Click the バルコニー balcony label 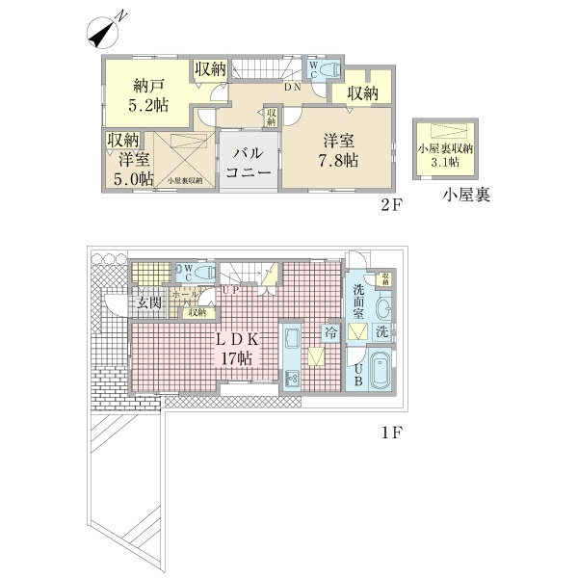(x=248, y=164)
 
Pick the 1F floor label (x=389, y=433)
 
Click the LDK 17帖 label (x=234, y=349)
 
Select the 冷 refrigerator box (x=330, y=332)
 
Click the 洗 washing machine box (x=382, y=331)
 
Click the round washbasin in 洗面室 (x=383, y=309)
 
